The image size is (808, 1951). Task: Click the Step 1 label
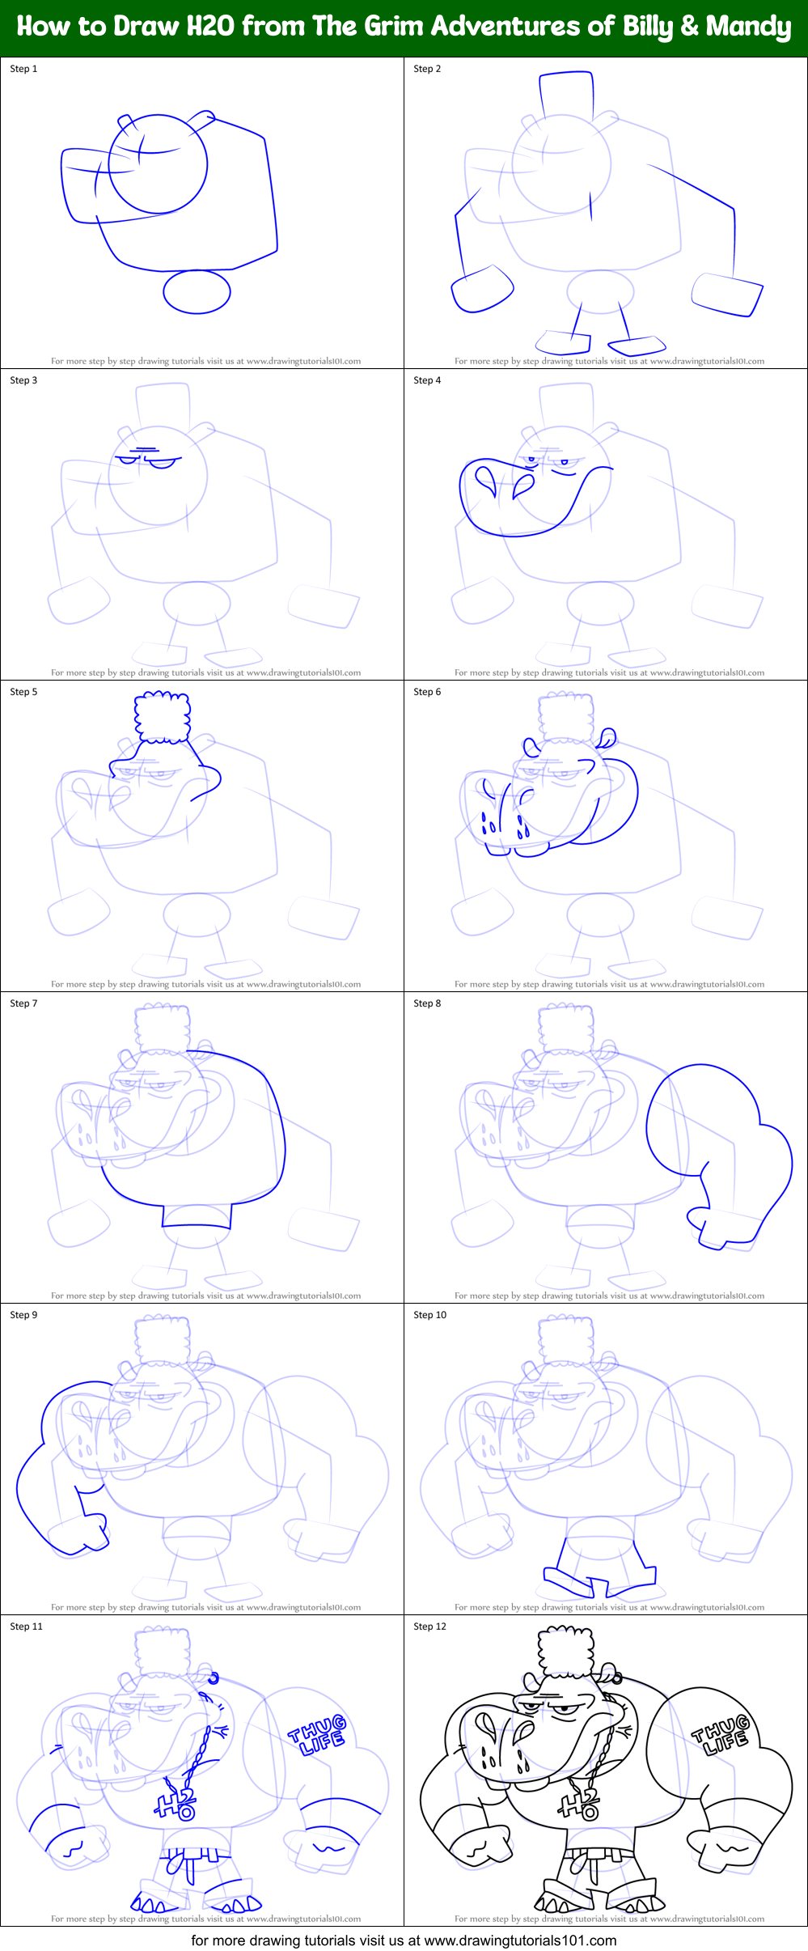click(23, 69)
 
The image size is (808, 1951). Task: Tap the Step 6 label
click(427, 692)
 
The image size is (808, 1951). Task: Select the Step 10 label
click(429, 1315)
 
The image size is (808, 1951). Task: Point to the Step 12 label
click(429, 1627)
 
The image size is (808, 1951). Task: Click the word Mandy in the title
click(748, 27)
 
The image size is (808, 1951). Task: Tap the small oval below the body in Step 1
click(197, 291)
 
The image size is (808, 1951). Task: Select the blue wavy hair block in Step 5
click(163, 716)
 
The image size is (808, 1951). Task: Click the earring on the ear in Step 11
click(214, 1678)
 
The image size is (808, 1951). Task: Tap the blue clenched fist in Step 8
click(712, 1222)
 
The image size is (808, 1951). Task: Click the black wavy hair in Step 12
click(566, 1651)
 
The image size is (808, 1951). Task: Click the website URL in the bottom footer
click(520, 1940)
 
